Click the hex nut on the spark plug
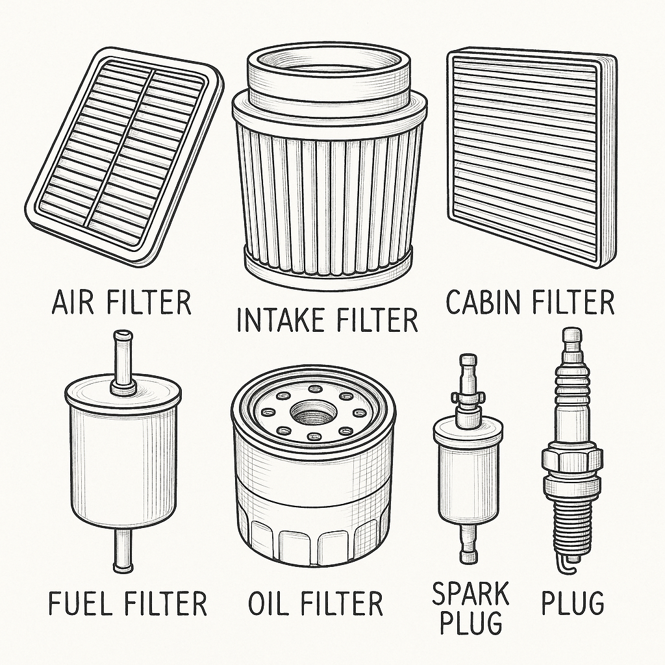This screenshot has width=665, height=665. (x=573, y=460)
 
